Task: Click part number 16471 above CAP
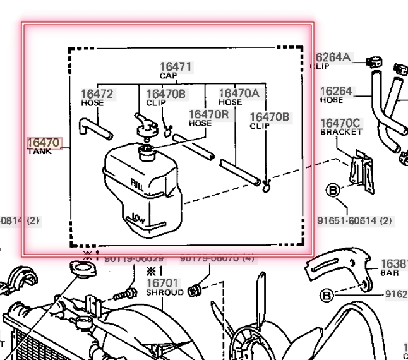(x=176, y=66)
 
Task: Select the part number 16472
(x=97, y=94)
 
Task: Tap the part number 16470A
(x=239, y=93)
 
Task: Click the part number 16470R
(x=208, y=114)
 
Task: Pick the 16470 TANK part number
(x=44, y=143)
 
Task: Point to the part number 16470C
(x=340, y=123)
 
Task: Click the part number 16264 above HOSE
(x=336, y=91)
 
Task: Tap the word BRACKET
(x=341, y=133)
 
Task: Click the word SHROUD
(x=165, y=292)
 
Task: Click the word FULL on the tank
(x=136, y=186)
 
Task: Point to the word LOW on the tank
(x=140, y=219)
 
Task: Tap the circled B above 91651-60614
(x=332, y=189)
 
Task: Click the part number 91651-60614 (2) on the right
(x=354, y=220)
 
